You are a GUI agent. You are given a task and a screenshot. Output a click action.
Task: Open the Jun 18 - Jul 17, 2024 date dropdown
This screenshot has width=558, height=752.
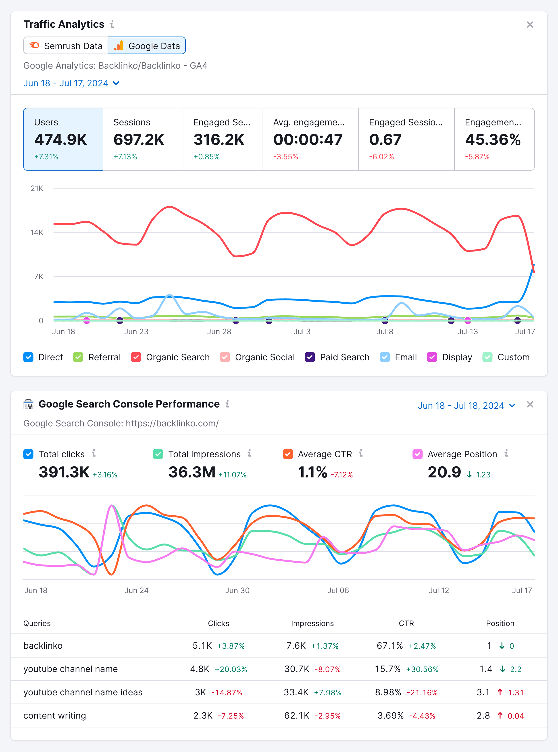point(71,83)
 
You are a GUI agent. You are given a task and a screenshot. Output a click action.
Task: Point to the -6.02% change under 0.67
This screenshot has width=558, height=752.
point(381,157)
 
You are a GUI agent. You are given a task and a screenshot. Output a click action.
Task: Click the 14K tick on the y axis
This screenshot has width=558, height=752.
point(37,232)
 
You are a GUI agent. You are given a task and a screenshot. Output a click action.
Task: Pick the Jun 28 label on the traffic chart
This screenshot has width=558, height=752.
point(219,331)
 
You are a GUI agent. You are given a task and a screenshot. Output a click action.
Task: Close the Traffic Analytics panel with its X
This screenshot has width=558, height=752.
point(530,25)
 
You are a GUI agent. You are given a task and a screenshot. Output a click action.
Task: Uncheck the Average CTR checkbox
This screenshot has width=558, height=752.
point(287,454)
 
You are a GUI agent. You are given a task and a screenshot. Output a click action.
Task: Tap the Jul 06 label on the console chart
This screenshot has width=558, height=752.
point(338,590)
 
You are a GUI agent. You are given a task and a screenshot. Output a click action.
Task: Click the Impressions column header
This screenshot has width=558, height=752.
point(312,623)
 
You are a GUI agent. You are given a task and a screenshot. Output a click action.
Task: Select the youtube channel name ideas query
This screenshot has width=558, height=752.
point(83,692)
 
